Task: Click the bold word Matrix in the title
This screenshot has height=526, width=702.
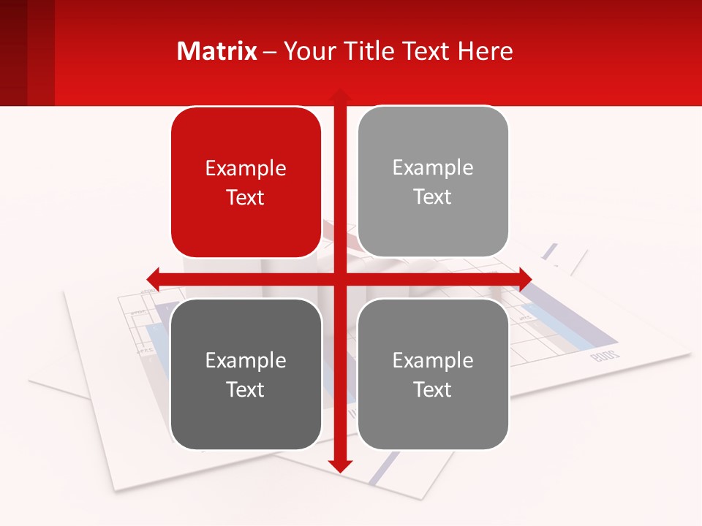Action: (x=217, y=51)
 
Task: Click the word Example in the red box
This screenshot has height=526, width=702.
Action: (x=246, y=168)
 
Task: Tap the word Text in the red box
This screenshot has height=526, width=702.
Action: (x=246, y=197)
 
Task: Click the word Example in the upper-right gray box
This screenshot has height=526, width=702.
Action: (x=433, y=167)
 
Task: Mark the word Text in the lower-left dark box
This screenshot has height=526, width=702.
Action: (x=246, y=389)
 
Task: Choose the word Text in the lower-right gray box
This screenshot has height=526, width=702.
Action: (x=433, y=389)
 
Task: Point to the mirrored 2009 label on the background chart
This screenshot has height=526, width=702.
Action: (x=604, y=356)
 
